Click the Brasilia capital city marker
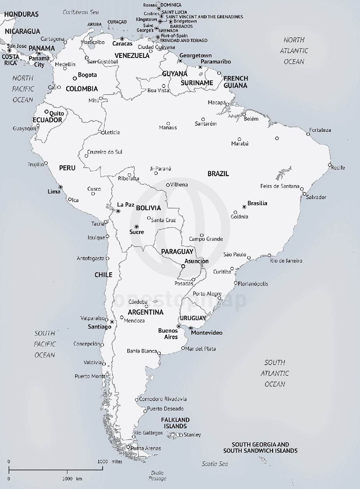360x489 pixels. coord(244,207)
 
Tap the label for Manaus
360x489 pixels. coord(168,128)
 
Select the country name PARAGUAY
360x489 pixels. coord(177,251)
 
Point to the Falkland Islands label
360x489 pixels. coord(175,423)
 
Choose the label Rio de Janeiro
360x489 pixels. coord(286,261)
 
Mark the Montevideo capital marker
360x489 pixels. coord(191,328)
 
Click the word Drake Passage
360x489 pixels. coord(158,475)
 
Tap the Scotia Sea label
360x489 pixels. coord(215,464)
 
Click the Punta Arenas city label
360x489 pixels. coord(146,448)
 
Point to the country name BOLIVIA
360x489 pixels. coord(148,208)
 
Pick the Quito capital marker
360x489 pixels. coord(46,112)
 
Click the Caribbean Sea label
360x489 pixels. coord(81,12)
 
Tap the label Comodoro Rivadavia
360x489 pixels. coord(163,399)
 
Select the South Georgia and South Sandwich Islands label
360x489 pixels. coord(260,447)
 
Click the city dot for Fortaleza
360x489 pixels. coord(308,134)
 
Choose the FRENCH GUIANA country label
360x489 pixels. coord(235,82)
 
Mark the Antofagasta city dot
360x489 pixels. coord(107,258)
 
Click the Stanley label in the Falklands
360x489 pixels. coord(192,435)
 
